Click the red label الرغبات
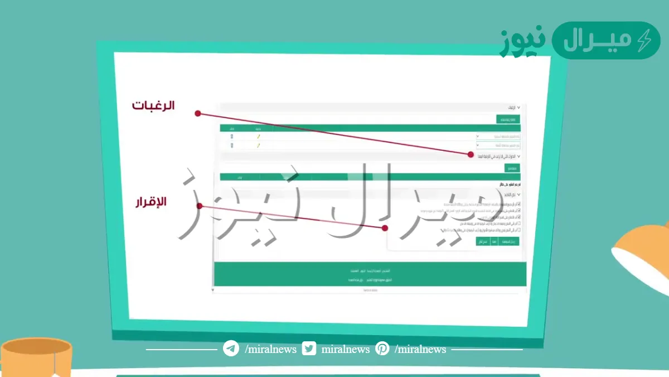coord(153,105)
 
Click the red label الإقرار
coord(151,202)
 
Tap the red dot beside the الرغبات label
coord(197,113)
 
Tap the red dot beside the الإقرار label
coord(199,206)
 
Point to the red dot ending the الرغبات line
coord(471,155)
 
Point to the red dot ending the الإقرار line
coord(385,228)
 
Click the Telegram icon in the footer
coord(231,349)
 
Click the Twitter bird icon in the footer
coord(309,349)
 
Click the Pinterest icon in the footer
coord(382,349)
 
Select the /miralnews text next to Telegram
coord(270,350)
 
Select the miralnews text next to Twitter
coord(346,350)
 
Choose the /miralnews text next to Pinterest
coord(420,350)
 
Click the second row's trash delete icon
coord(232,145)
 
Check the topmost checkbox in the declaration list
coord(518,204)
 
